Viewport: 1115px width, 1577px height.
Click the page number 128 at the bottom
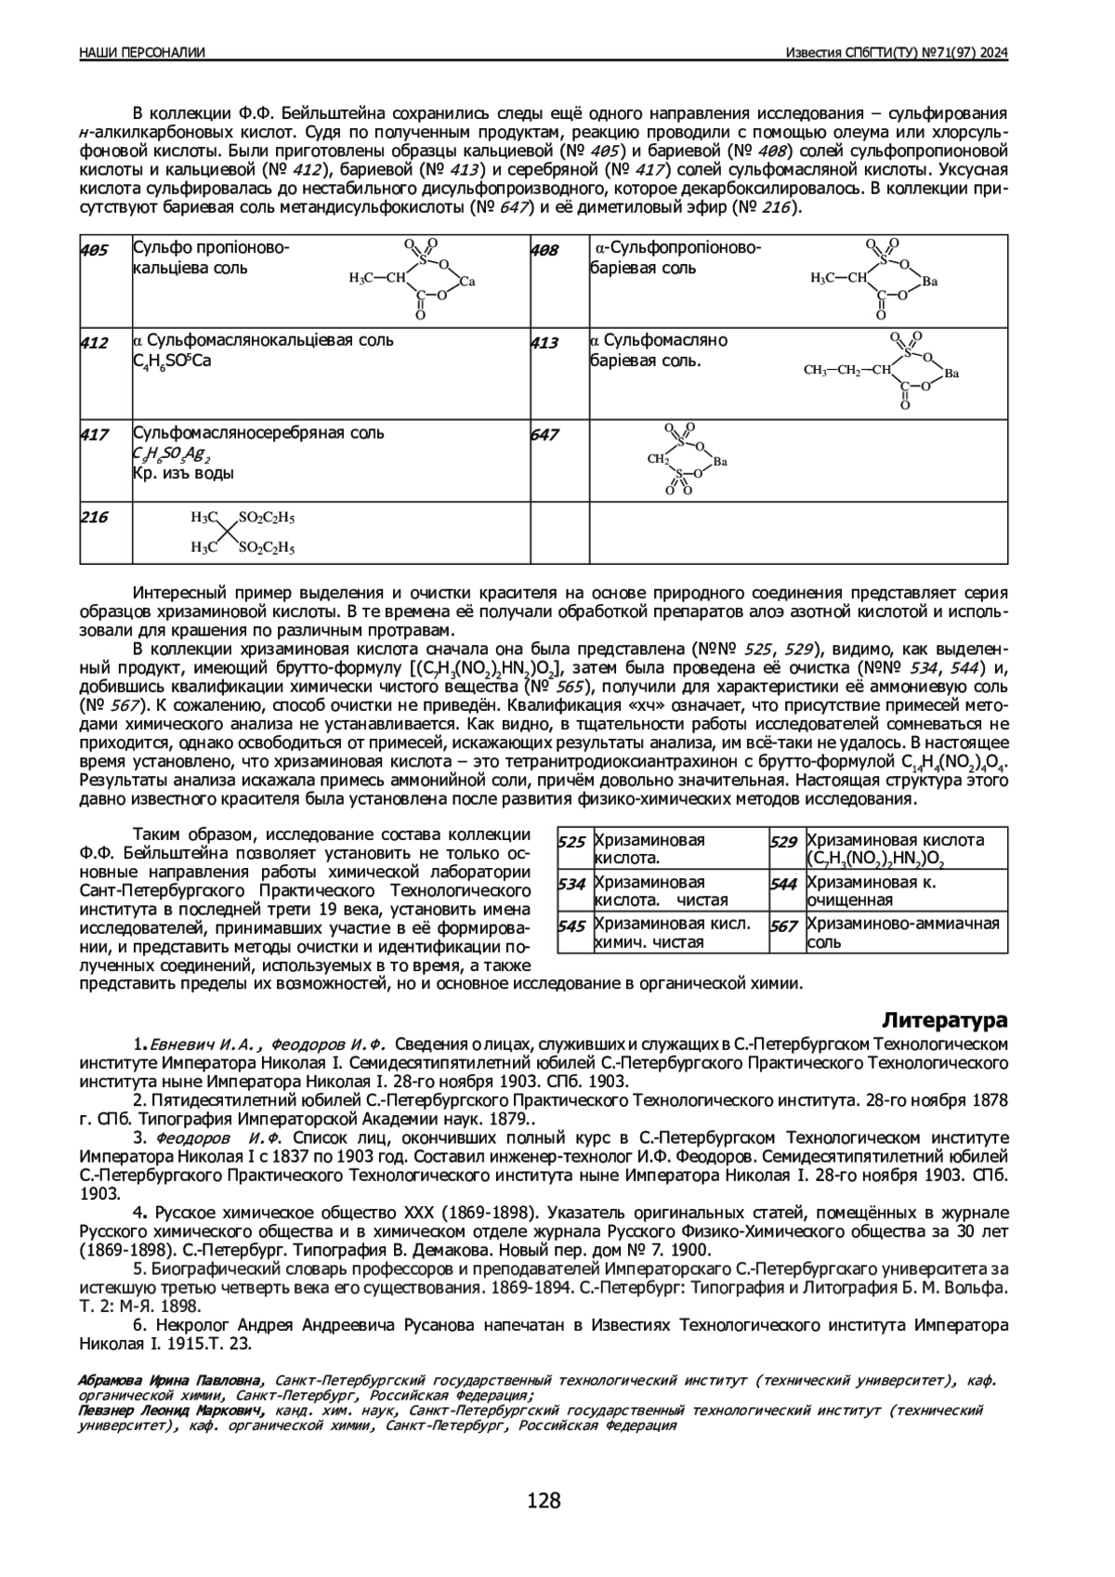pos(544,1500)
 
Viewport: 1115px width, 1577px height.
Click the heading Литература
pos(945,1019)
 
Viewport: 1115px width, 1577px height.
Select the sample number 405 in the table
pos(94,250)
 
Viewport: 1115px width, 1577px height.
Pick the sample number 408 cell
pos(544,250)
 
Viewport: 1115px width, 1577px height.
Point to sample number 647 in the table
pos(544,434)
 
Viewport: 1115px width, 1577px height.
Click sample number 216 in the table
pos(94,518)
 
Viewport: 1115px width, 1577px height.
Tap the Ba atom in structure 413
pos(951,374)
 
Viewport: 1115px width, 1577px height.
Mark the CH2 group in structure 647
pos(658,459)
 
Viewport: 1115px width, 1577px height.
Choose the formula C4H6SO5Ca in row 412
pos(173,361)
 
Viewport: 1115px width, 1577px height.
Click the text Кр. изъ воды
pos(183,473)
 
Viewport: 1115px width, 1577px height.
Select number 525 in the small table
pos(571,842)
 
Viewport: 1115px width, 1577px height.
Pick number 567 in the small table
pos(784,926)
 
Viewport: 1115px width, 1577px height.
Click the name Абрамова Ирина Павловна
pos(171,1380)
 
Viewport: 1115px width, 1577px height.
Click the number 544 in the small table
pos(784,884)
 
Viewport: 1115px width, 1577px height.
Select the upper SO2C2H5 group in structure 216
pos(267,517)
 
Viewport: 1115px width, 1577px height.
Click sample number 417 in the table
pos(94,434)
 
